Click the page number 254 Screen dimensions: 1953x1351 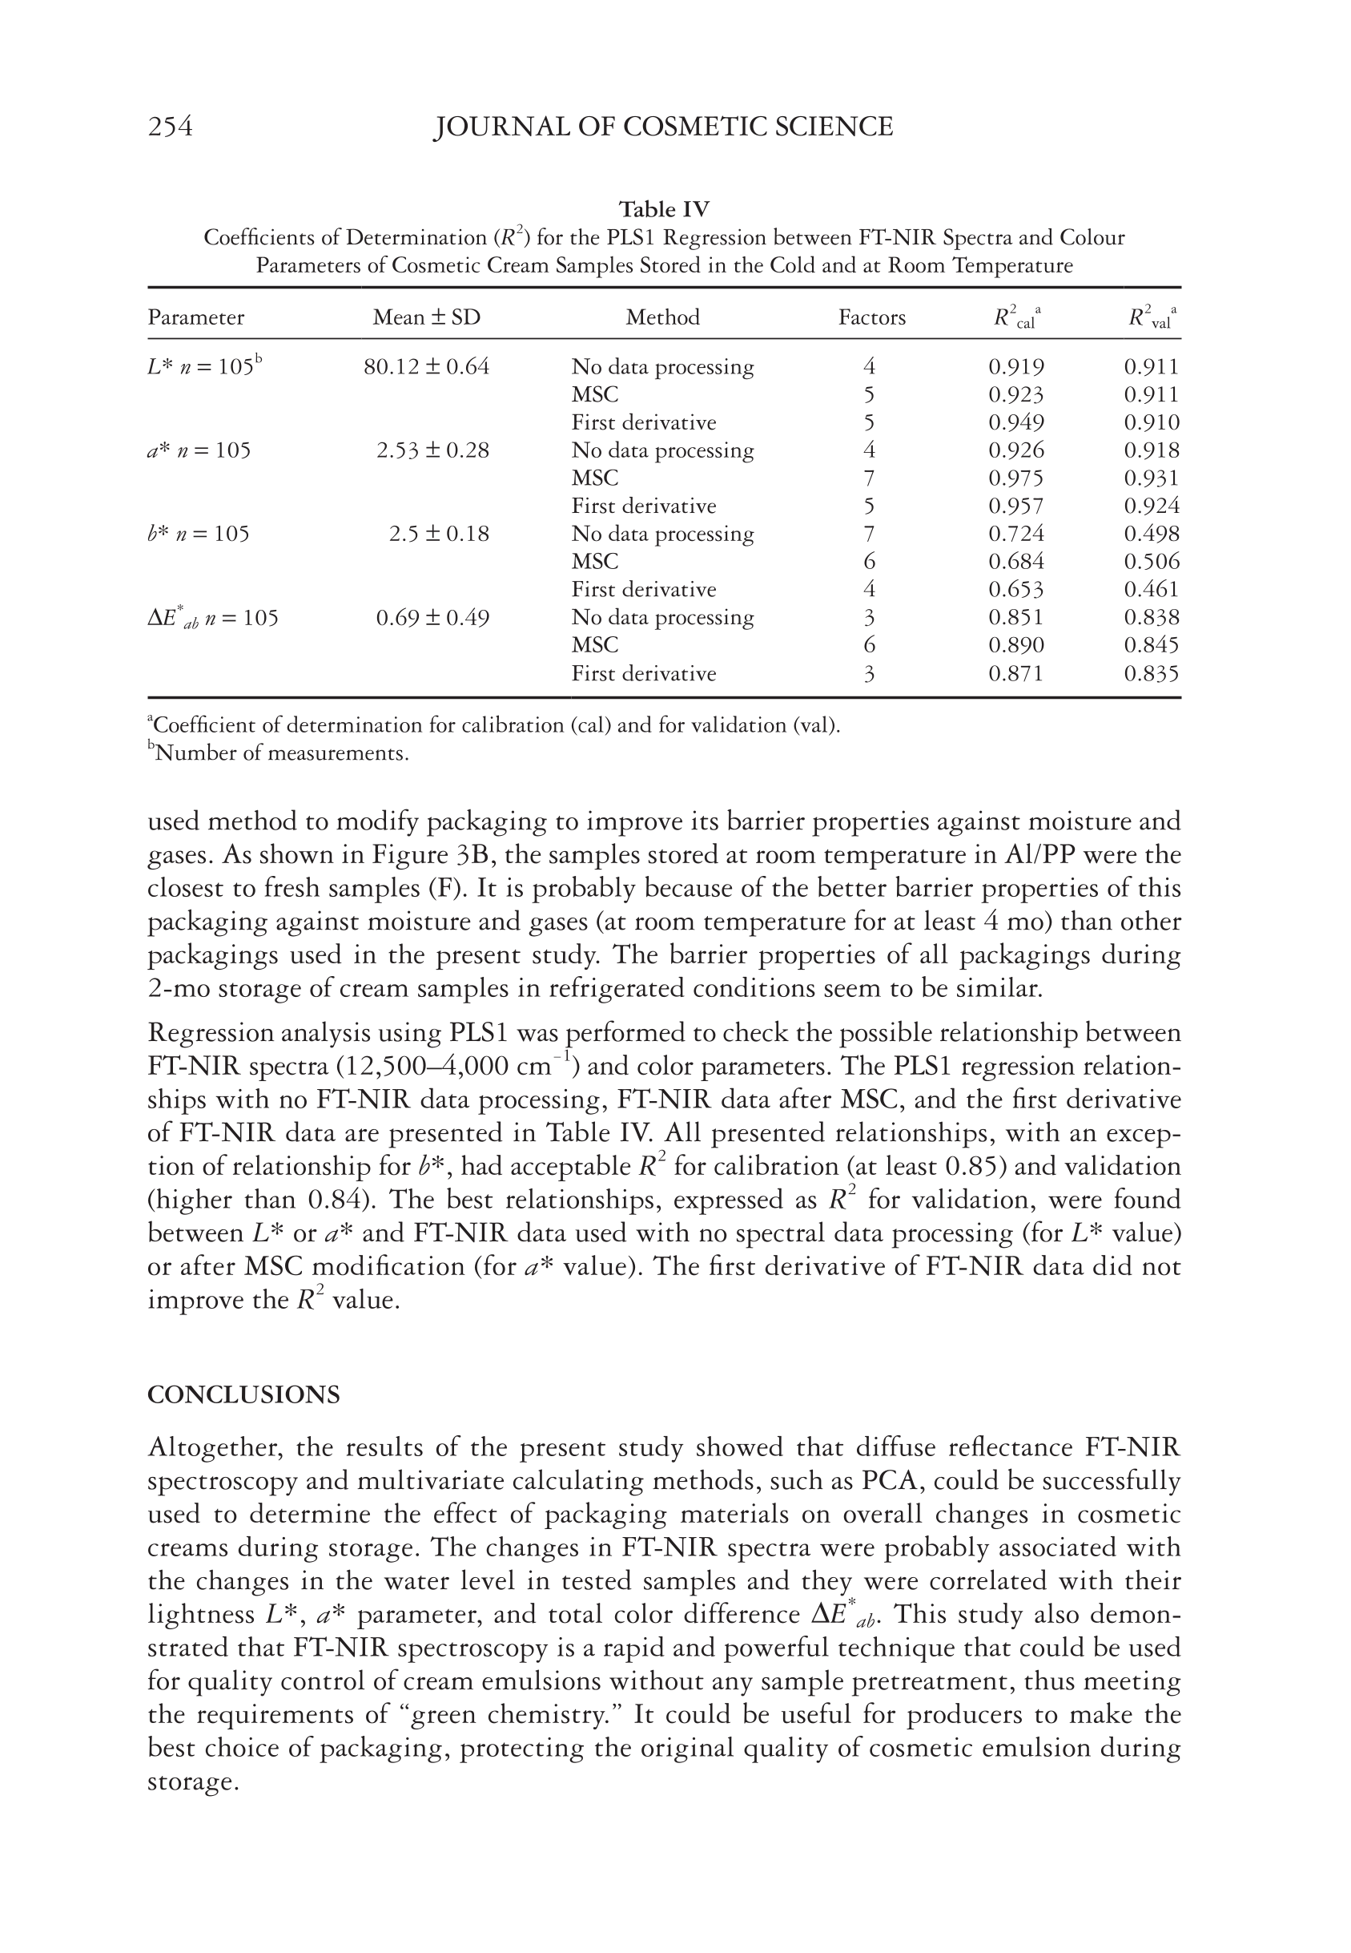pyautogui.click(x=170, y=127)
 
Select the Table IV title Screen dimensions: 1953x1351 pyautogui.click(x=664, y=209)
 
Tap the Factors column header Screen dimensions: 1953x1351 pyautogui.click(x=871, y=317)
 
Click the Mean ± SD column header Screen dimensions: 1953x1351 pyautogui.click(x=427, y=317)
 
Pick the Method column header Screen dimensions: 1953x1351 pyautogui.click(x=663, y=317)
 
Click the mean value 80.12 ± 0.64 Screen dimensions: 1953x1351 pyautogui.click(x=427, y=367)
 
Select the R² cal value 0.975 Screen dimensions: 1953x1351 pyautogui.click(x=1015, y=478)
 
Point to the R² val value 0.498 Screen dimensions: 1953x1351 pyautogui.click(x=1152, y=534)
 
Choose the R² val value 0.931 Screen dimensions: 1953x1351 pyautogui.click(x=1152, y=478)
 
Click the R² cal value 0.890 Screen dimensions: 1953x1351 pyautogui.click(x=1015, y=645)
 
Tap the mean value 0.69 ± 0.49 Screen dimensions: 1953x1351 pyautogui.click(x=432, y=617)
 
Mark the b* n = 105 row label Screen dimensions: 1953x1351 pyautogui.click(x=198, y=534)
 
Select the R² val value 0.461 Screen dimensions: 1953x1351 pyautogui.click(x=1152, y=590)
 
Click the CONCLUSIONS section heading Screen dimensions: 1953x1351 pyautogui.click(x=243, y=1395)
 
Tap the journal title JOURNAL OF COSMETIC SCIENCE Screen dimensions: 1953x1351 pyautogui.click(x=663, y=127)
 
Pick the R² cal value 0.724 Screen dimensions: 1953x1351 pyautogui.click(x=1015, y=534)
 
